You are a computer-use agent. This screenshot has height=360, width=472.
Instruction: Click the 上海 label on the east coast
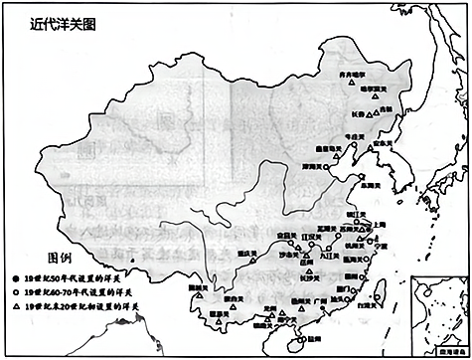[x=379, y=226]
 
